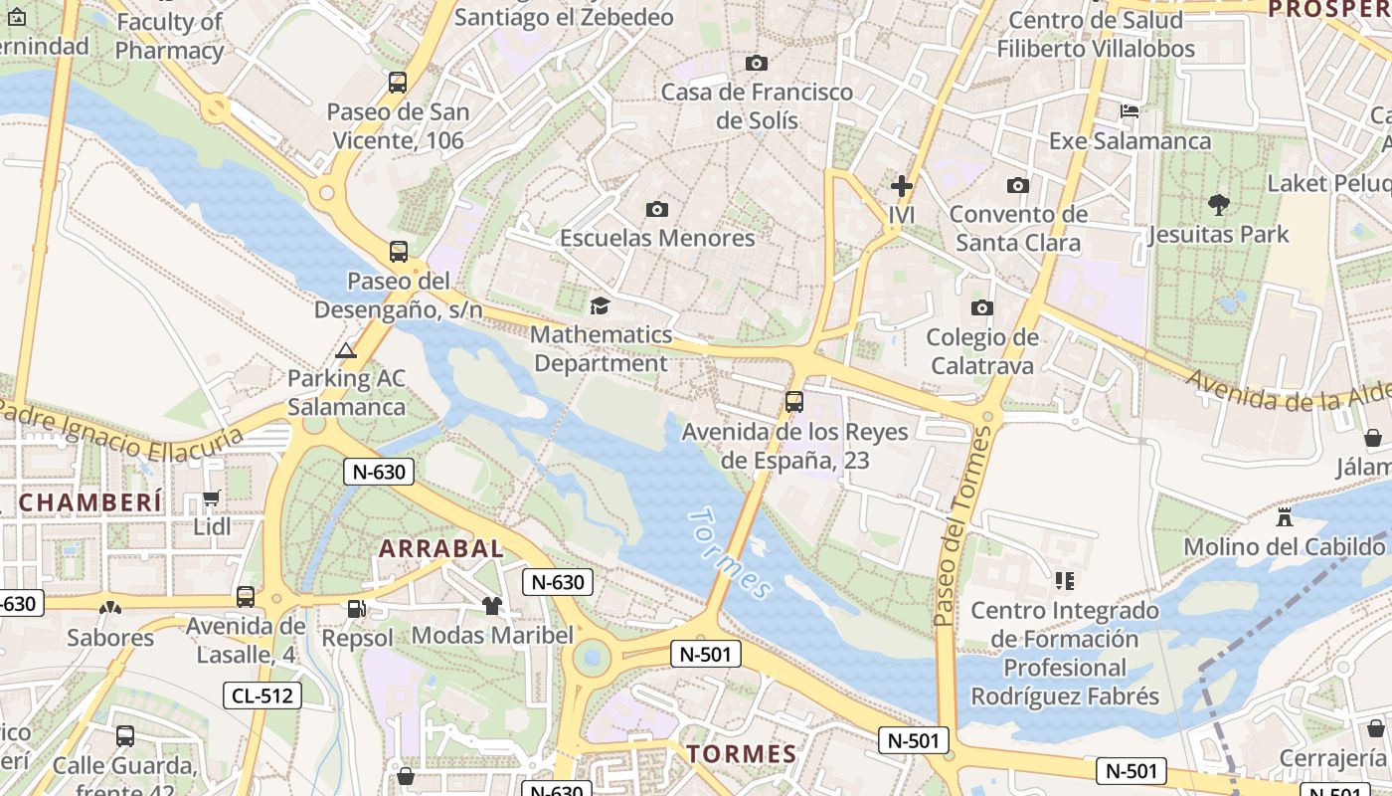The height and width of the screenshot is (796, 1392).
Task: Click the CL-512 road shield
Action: click(x=262, y=696)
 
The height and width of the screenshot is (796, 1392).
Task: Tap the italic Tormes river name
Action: click(x=730, y=554)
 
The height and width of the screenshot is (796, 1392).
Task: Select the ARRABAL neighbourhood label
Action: click(x=441, y=548)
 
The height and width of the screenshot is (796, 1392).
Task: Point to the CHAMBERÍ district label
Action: click(x=90, y=502)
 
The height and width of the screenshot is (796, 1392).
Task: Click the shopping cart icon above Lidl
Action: click(x=211, y=497)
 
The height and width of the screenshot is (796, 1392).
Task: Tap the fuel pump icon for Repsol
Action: click(x=356, y=608)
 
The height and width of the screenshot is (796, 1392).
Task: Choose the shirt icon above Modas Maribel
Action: click(x=492, y=605)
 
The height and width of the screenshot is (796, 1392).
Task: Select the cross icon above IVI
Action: click(x=902, y=186)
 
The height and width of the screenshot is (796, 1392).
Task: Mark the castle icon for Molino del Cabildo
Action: click(x=1285, y=517)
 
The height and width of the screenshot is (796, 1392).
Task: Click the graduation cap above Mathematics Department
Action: click(x=600, y=305)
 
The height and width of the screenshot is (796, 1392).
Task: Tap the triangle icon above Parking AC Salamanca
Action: click(x=345, y=350)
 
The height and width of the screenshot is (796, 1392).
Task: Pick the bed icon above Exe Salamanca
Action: click(x=1130, y=111)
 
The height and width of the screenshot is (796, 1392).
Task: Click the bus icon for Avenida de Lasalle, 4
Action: click(x=246, y=597)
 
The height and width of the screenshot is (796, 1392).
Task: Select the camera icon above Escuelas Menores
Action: click(x=657, y=209)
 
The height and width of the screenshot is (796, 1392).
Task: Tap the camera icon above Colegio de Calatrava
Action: click(x=981, y=308)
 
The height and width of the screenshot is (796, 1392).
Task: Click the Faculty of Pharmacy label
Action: click(x=169, y=36)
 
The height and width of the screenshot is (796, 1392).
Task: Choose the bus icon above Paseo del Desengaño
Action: click(x=399, y=252)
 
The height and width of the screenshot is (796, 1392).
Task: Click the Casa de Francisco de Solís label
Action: click(x=757, y=105)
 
